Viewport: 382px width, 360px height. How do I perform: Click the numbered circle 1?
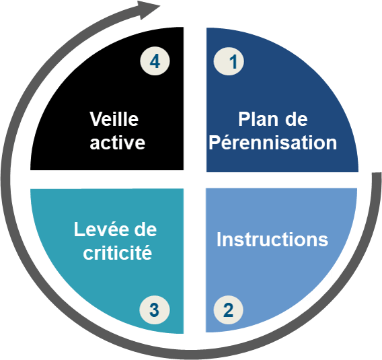coord(229,61)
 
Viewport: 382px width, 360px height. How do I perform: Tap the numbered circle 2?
coord(228,310)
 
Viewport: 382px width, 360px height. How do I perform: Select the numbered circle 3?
coord(155,310)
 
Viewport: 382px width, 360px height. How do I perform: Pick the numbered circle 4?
coord(155,61)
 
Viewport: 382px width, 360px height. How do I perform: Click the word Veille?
coord(114,119)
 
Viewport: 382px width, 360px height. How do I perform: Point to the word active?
coord(118,143)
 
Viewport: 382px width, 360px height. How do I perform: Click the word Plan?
coord(258,119)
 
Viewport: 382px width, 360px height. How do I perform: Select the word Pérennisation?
coord(273,142)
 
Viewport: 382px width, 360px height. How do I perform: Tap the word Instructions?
coord(272,239)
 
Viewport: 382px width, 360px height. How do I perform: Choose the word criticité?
coord(118,252)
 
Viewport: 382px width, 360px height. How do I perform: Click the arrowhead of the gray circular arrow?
coord(148,9)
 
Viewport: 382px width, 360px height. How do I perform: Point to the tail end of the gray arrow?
coord(377,174)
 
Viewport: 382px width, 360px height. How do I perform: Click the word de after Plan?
coord(297,119)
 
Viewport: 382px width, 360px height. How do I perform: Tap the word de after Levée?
coord(145,229)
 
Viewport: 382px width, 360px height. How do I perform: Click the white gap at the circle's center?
coord(195,180)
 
